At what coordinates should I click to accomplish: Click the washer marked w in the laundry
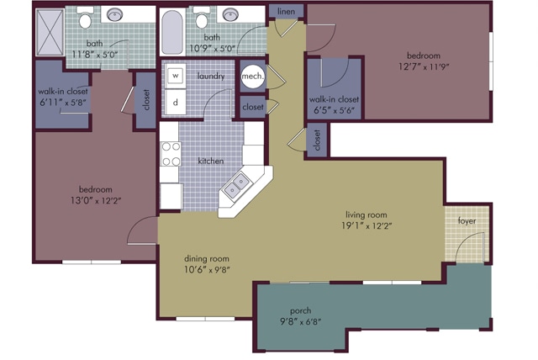coord(176,75)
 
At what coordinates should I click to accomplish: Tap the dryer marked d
coord(176,102)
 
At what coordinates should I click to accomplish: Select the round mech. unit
coord(253,77)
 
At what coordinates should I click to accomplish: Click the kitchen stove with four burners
coord(171,154)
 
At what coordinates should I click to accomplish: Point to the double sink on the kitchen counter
coord(236,185)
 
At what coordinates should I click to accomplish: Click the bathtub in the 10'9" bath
coord(171,32)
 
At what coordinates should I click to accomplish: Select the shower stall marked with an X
coord(50,32)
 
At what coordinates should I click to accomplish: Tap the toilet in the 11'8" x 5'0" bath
coord(85,19)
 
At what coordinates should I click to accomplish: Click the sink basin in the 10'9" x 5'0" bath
coord(229,14)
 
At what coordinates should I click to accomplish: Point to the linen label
coord(286,11)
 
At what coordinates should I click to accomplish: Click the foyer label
coord(467,221)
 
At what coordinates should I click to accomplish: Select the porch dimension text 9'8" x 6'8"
coord(301,322)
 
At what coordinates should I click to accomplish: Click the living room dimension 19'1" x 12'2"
coord(367,225)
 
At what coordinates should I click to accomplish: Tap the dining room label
coord(207,259)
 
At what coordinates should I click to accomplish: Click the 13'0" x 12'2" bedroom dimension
coord(96,200)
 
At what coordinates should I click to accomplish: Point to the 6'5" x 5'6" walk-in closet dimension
coord(334,110)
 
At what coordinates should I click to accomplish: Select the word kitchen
coord(211,161)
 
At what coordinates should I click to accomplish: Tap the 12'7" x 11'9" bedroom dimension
coord(424,66)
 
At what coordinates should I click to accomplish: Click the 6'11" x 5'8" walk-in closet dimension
coord(63,103)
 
